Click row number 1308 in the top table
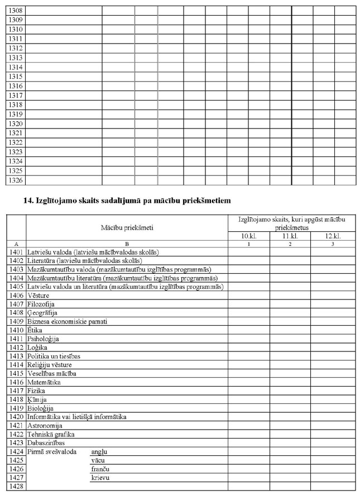pyautogui.click(x=16, y=10)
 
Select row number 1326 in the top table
pyautogui.click(x=16, y=180)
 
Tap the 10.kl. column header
pyautogui.click(x=248, y=236)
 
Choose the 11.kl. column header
pyautogui.click(x=290, y=236)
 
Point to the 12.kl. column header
pyautogui.click(x=333, y=236)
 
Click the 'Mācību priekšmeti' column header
pyautogui.click(x=127, y=227)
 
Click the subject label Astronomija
pyautogui.click(x=46, y=425)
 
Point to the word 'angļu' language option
pyautogui.click(x=98, y=451)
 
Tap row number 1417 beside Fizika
pyautogui.click(x=16, y=391)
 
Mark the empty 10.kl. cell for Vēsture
pyautogui.click(x=248, y=295)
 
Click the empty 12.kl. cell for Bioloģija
pyautogui.click(x=333, y=408)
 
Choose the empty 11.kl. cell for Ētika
pyautogui.click(x=290, y=330)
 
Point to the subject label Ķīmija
pyautogui.click(x=37, y=399)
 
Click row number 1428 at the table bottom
pyautogui.click(x=16, y=486)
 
